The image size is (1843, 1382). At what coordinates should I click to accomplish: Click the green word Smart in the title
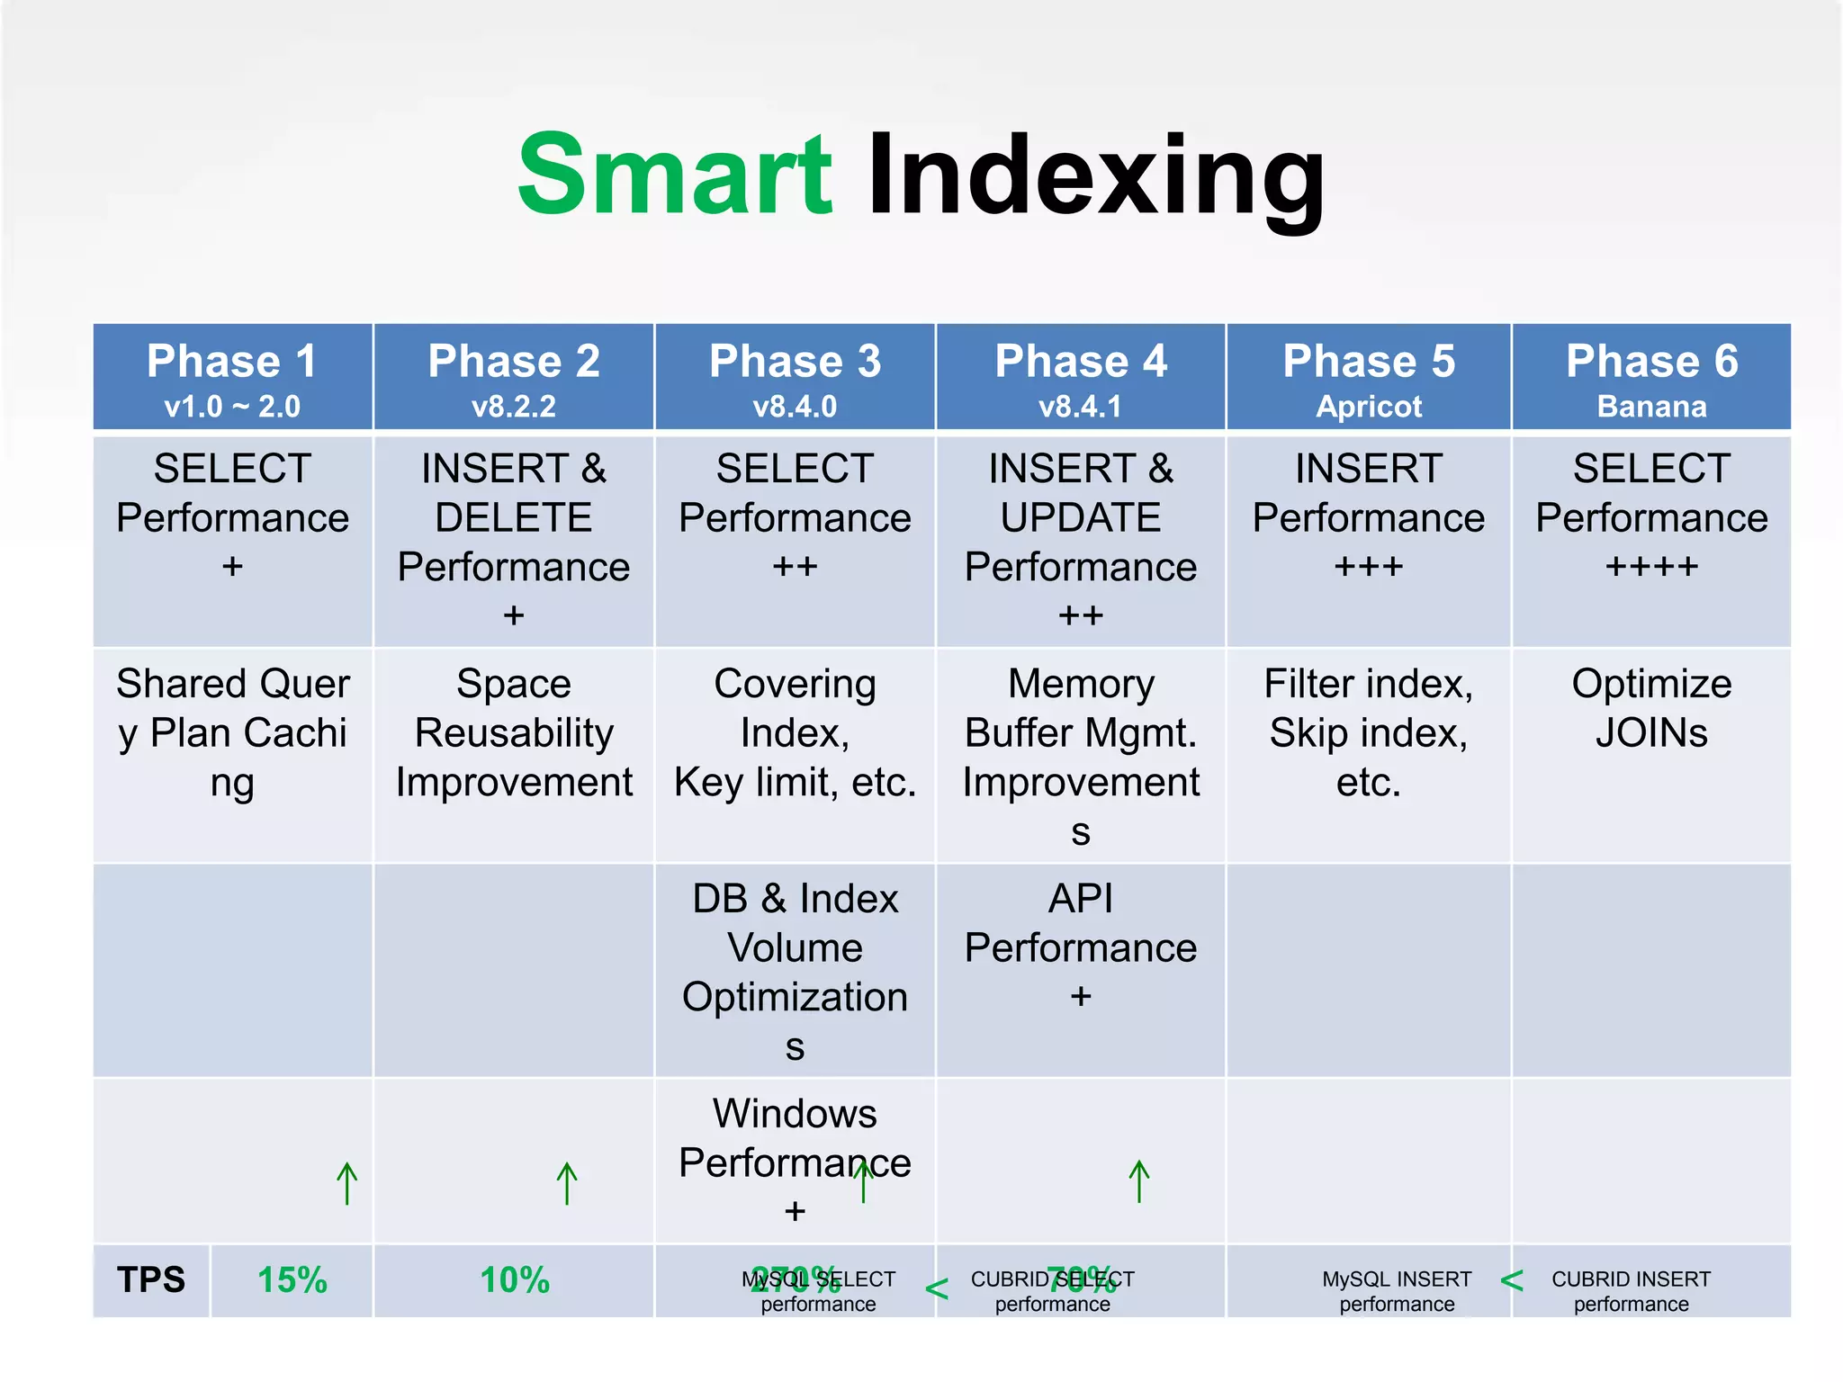(x=675, y=175)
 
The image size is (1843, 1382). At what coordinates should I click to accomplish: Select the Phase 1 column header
(x=232, y=362)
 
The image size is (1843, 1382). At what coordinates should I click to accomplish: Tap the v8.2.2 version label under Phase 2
(x=513, y=407)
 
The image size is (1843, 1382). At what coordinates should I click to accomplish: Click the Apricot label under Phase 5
(x=1368, y=407)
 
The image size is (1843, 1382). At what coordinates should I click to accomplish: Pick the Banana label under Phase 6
(x=1651, y=407)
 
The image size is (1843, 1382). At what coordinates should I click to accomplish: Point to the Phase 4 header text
(x=1080, y=362)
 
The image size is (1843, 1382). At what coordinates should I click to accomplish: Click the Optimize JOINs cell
(x=1651, y=708)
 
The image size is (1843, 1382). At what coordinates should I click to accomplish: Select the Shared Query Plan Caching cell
(x=232, y=732)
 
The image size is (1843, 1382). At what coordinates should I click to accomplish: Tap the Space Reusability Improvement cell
(x=513, y=732)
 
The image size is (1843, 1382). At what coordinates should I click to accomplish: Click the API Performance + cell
(x=1080, y=947)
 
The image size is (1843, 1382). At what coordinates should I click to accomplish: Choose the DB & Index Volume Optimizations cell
(x=795, y=971)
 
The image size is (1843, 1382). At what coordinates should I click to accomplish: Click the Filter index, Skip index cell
(x=1368, y=732)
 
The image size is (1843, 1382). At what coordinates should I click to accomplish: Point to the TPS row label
(x=151, y=1279)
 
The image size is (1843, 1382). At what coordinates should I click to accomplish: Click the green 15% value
(x=292, y=1279)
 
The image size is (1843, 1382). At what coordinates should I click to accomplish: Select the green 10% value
(x=514, y=1279)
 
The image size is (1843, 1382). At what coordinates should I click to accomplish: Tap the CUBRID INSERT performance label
(x=1631, y=1291)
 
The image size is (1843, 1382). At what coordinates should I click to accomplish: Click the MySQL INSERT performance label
(x=1397, y=1291)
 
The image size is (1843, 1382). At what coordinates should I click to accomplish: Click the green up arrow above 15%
(x=347, y=1183)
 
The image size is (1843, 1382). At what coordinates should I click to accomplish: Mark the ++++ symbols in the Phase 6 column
(x=1651, y=567)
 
